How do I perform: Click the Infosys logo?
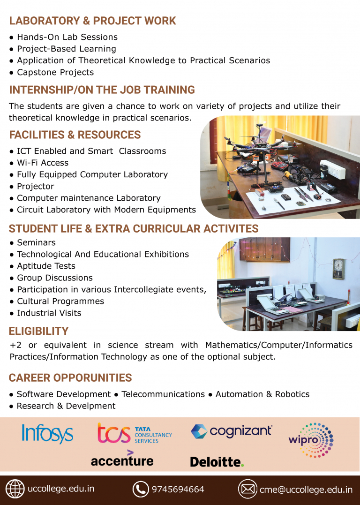tap(47, 434)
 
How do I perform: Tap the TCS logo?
tap(135, 433)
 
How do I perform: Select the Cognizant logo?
tap(232, 431)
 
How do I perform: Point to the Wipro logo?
tap(311, 440)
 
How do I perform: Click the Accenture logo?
tap(122, 459)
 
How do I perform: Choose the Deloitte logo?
tap(217, 462)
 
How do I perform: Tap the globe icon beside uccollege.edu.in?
tap(15, 489)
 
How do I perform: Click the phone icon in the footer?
tap(141, 489)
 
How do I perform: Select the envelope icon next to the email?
tap(247, 489)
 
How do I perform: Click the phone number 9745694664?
tap(178, 490)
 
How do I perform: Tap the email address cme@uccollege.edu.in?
tap(306, 490)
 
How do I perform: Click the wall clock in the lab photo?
tap(339, 268)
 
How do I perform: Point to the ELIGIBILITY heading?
tap(38, 331)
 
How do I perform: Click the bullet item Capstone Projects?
tap(52, 72)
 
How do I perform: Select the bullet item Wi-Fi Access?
tap(39, 163)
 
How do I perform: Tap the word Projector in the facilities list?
tap(36, 187)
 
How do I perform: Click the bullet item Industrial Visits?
tap(45, 313)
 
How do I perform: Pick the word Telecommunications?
tap(163, 394)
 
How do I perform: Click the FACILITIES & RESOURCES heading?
tap(75, 135)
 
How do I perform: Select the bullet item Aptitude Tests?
tap(43, 266)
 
